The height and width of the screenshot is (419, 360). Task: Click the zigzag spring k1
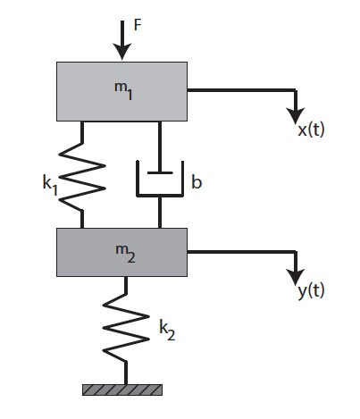coord(82,175)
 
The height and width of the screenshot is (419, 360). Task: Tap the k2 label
coord(165,330)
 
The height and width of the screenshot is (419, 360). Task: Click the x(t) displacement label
coord(310,130)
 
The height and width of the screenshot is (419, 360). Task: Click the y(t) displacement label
coord(308,291)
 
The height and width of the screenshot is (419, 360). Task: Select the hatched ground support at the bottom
coord(122,390)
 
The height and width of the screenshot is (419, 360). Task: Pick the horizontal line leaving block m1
coord(241,89)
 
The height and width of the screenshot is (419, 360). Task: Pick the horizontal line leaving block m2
coord(241,251)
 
